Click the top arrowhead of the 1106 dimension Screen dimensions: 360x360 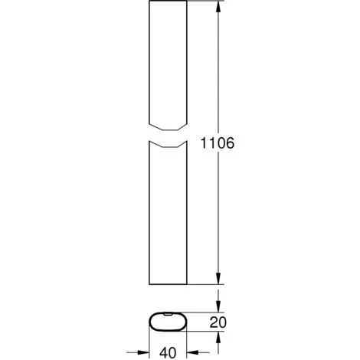coord(220,8)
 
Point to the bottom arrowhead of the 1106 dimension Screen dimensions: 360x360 coord(220,281)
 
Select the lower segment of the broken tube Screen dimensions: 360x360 coord(166,214)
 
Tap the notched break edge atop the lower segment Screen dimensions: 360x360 coord(166,145)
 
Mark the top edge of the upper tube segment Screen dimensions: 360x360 coord(166,2)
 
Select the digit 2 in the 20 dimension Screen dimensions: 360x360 coord(212,322)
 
